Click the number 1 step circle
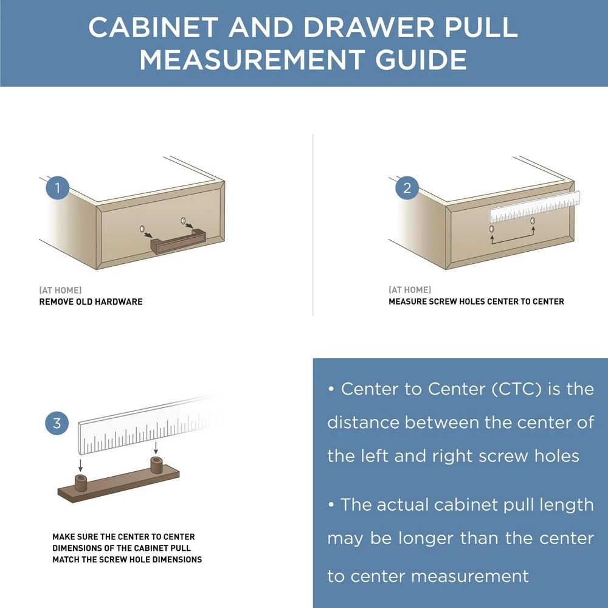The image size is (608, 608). [58, 188]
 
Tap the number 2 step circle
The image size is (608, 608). [407, 188]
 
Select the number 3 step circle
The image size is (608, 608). [57, 423]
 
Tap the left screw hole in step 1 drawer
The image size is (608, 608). [142, 229]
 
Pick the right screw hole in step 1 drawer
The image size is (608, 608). [183, 220]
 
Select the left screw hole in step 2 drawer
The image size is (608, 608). [492, 229]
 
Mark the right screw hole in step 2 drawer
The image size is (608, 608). [533, 220]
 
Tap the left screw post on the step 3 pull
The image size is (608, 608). [80, 483]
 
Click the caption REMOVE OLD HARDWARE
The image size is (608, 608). [91, 302]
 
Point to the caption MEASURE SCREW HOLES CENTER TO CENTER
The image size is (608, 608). [476, 302]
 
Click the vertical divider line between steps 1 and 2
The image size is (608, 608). [313, 225]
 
